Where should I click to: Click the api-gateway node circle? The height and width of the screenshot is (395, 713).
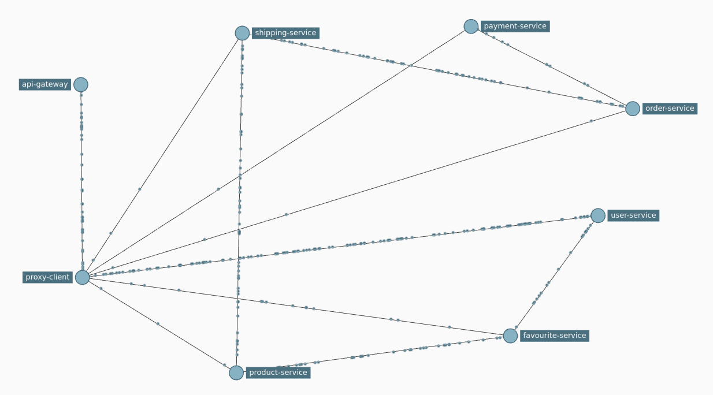[x=81, y=85]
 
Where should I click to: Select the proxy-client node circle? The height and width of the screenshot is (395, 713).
[x=83, y=277]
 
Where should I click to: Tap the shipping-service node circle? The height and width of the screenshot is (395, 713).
[x=242, y=33]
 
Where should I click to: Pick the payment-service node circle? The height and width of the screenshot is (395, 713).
[x=471, y=27]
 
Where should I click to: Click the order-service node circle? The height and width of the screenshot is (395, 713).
[x=633, y=109]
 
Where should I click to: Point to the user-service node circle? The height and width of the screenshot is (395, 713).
[x=598, y=215]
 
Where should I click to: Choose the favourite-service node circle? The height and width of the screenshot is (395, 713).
[x=510, y=336]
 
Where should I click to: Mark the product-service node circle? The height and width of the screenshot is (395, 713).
[x=236, y=372]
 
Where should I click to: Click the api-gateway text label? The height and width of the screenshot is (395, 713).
[x=45, y=85]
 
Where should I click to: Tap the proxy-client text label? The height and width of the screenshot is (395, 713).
[x=47, y=277]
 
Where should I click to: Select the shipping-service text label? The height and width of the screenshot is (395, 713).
[x=285, y=33]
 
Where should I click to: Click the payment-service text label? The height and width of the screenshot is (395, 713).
[x=515, y=27]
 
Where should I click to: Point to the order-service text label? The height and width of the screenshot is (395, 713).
[x=670, y=109]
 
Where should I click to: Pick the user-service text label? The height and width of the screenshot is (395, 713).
[x=633, y=215]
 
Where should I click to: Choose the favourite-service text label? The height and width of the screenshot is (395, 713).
[x=554, y=336]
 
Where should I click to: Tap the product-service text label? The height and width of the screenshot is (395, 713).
[x=278, y=372]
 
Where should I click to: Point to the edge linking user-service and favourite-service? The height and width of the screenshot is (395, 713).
[x=555, y=274]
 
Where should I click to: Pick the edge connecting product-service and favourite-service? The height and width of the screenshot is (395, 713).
[x=376, y=353]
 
